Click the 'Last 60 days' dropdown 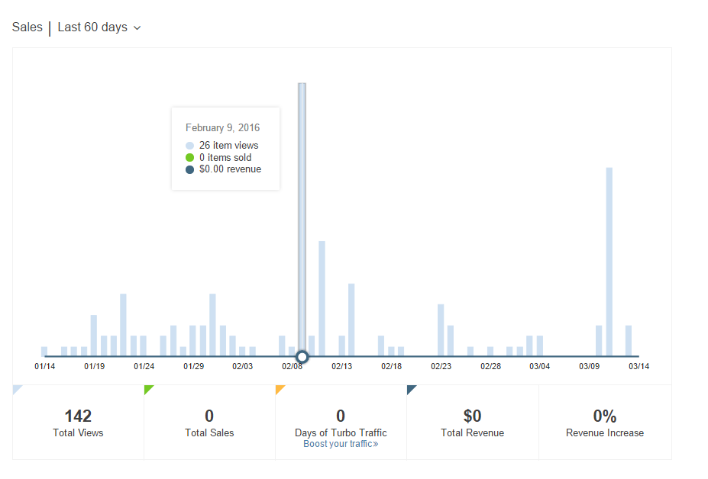(99, 27)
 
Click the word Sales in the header (27, 27)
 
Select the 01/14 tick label (44, 366)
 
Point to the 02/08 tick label (292, 366)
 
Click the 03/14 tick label (638, 366)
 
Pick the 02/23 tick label (441, 366)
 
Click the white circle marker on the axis (302, 356)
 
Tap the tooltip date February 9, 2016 (222, 127)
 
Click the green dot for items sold (189, 157)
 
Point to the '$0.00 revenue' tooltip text (230, 169)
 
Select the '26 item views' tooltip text (228, 145)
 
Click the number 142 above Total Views (78, 416)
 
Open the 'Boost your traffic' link (341, 444)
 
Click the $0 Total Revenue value (472, 416)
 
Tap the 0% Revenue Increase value (604, 416)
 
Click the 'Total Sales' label (209, 433)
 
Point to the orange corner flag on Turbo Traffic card (279, 388)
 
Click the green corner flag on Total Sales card (147, 388)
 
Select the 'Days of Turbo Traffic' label (341, 432)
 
